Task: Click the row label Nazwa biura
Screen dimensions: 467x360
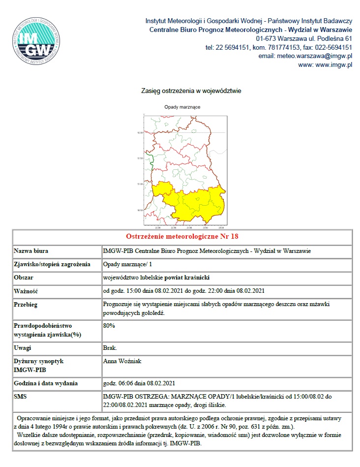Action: click(x=31, y=251)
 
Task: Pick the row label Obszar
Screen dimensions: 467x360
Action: click(x=24, y=278)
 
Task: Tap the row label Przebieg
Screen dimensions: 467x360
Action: click(x=27, y=304)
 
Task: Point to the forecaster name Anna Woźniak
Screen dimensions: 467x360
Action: click(x=123, y=361)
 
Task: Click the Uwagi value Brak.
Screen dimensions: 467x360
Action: click(x=110, y=348)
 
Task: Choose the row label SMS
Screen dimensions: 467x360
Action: click(x=21, y=396)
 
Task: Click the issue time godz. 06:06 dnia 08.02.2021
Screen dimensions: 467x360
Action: click(x=139, y=383)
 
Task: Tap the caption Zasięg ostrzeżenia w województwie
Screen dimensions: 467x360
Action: click(x=191, y=91)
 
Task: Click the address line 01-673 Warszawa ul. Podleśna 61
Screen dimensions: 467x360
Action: click(x=304, y=38)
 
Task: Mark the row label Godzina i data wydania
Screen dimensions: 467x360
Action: click(x=46, y=383)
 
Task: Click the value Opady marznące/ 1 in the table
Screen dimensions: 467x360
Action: click(x=124, y=264)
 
